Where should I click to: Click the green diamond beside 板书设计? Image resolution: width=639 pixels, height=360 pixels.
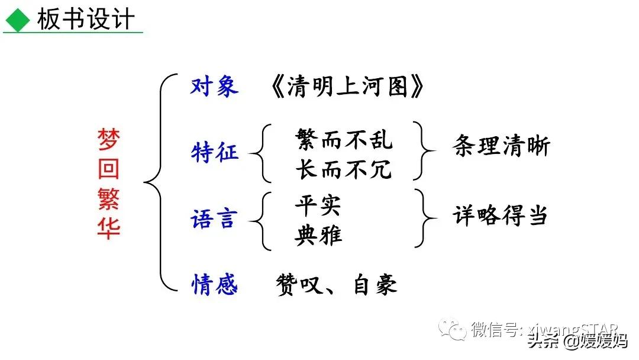pyautogui.click(x=17, y=21)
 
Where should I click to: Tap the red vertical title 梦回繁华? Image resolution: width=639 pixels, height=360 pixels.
pyautogui.click(x=108, y=183)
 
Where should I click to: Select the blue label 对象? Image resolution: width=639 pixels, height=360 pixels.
pyautogui.click(x=214, y=86)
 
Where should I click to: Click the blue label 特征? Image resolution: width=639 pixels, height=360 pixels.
pyautogui.click(x=214, y=152)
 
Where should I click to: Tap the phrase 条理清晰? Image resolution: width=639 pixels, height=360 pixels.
pyautogui.click(x=501, y=146)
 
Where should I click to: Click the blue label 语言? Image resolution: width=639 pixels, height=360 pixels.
pyautogui.click(x=214, y=219)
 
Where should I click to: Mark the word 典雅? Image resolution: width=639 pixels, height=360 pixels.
pyautogui.click(x=318, y=235)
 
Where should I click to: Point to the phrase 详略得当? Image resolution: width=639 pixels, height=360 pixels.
pyautogui.click(x=500, y=216)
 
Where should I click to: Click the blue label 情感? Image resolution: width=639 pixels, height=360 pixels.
pyautogui.click(x=214, y=285)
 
